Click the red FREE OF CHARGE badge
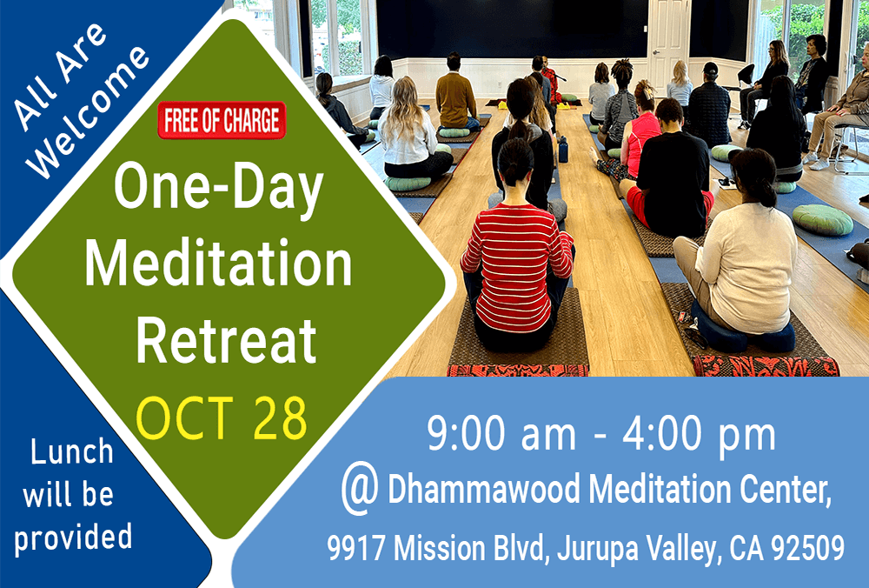pos(222,120)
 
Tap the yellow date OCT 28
pos(222,418)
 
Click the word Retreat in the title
pos(226,340)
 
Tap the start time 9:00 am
pos(502,434)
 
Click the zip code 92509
pos(807,547)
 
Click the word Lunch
pos(72,452)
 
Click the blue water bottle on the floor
pos(563,150)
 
